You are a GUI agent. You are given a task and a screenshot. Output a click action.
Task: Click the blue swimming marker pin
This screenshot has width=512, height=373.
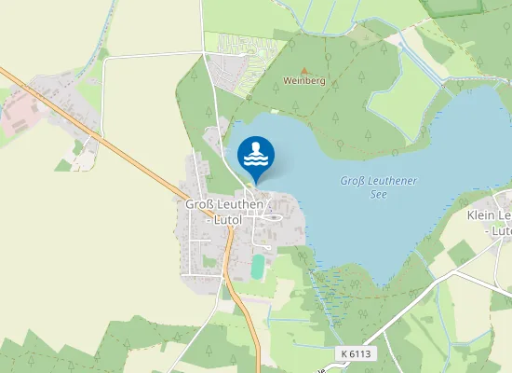[256, 155]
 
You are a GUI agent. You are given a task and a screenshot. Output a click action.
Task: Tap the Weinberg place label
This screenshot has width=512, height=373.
[303, 81]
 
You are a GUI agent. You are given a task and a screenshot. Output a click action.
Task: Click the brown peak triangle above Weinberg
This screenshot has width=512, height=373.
[303, 70]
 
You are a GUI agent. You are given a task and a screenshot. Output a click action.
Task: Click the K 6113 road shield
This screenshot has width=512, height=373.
[355, 354]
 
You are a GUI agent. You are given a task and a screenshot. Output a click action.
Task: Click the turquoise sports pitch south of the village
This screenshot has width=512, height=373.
[258, 268]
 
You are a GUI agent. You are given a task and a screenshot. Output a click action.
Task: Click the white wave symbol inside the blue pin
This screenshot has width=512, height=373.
[256, 161]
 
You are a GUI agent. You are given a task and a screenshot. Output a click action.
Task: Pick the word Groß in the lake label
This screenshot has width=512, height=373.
[352, 181]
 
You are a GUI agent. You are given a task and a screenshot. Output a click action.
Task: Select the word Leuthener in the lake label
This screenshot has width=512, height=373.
[391, 181]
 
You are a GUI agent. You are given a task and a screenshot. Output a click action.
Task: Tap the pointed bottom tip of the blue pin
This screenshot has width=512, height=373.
[256, 183]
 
